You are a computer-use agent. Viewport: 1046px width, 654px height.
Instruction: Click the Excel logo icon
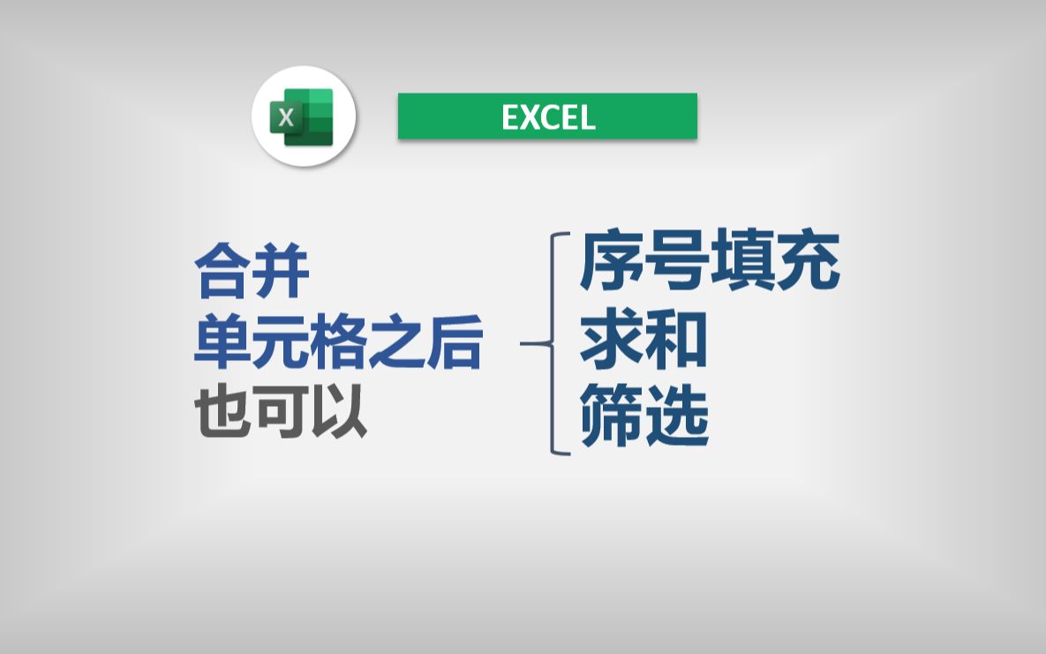point(304,117)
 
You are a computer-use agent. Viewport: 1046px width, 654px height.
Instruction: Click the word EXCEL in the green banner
point(548,117)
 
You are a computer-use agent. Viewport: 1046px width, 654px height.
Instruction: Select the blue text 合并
point(252,273)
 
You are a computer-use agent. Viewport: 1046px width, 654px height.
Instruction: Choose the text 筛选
point(644,417)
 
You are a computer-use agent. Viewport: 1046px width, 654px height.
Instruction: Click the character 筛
point(612,417)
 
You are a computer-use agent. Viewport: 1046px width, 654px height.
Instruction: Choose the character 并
point(282,273)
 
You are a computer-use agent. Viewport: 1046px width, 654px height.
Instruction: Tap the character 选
point(677,417)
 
